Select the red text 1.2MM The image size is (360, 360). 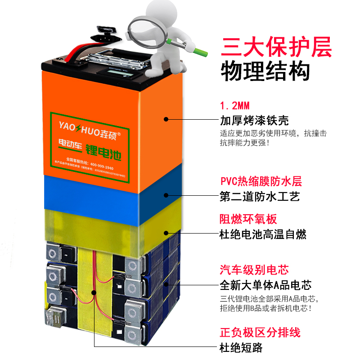234,107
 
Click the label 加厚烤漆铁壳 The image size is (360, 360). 254,121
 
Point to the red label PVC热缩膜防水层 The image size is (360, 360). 261,182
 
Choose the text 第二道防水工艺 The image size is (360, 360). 260,197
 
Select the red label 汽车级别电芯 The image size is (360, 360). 254,270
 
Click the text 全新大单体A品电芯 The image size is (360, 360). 265,285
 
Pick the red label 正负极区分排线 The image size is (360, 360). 260,333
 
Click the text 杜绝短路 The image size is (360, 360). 241,347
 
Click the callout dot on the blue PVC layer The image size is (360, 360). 166,195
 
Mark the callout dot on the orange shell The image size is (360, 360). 166,119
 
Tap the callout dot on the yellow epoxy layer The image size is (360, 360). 166,233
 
